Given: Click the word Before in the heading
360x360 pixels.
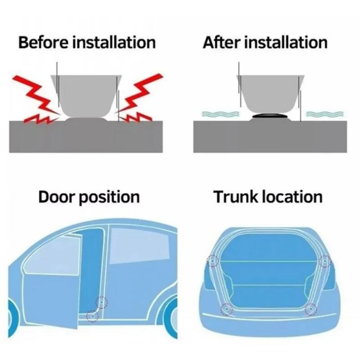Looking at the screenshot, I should coord(43,43).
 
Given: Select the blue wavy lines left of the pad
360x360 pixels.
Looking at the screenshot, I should coord(220,114).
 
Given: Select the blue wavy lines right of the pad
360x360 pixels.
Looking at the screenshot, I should coord(324,114).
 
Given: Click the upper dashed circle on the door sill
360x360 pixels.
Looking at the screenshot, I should coord(102,302).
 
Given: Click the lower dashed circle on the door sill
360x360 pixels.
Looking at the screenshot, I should coord(92,316).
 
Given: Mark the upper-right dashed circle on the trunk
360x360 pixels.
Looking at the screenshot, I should coord(324,261).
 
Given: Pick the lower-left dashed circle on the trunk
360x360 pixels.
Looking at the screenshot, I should coord(226,309).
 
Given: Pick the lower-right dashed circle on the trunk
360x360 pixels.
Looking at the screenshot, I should coord(310,309).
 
